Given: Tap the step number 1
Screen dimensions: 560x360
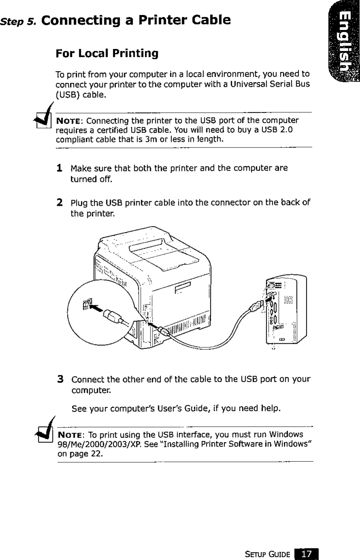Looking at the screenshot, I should pyautogui.click(x=59, y=167).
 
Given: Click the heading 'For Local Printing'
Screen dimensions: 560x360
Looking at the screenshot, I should pyautogui.click(x=107, y=53).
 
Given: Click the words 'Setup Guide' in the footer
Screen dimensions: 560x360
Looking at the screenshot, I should pyautogui.click(x=268, y=553).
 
